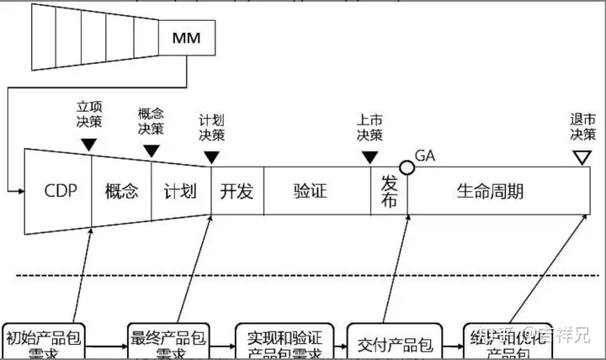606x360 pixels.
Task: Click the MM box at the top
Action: (186, 37)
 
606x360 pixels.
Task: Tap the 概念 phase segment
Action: (121, 191)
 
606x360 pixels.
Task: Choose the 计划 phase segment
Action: (181, 191)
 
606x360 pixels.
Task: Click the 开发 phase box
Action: (237, 191)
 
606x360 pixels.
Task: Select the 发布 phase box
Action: (389, 191)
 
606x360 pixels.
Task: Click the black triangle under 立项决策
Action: (89, 145)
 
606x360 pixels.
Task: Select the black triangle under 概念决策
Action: (151, 151)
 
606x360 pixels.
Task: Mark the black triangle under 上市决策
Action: (369, 157)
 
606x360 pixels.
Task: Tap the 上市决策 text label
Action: (369, 128)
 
